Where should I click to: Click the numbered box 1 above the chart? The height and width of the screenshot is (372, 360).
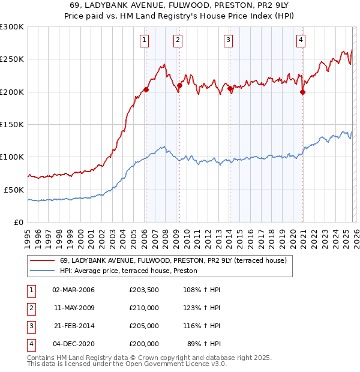pos(145,40)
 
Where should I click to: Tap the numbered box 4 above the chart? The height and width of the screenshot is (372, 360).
pos(301,40)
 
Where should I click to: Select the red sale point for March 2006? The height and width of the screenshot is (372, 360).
pos(146,89)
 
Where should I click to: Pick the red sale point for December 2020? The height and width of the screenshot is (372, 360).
pos(302,92)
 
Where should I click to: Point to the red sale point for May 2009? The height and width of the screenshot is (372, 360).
pos(179,86)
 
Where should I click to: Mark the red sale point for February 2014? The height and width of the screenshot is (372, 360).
pos(230,89)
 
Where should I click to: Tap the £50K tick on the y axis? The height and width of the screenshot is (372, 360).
pos(14,189)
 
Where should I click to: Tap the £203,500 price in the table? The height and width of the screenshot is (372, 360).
pos(144,290)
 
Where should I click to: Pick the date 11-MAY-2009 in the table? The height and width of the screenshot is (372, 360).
pos(74,308)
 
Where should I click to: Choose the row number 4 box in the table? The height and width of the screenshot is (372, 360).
pos(31,344)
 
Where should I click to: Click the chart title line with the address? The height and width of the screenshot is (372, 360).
pos(180,5)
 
